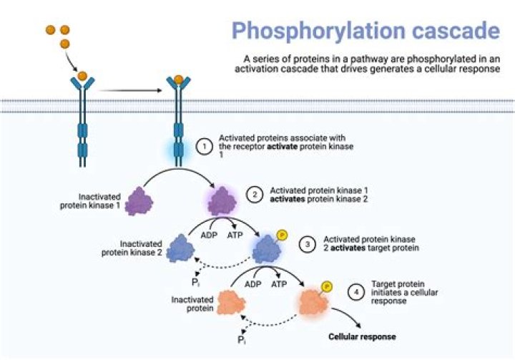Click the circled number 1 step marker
(x=205, y=147)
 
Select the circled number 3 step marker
(x=306, y=243)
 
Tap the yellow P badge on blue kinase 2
(x=282, y=236)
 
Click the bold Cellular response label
(x=361, y=336)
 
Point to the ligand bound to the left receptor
(x=82, y=76)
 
